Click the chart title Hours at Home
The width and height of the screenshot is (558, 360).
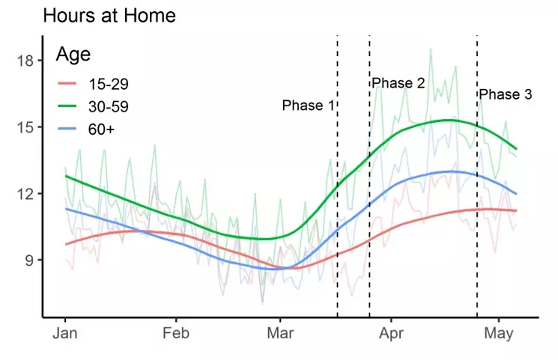(109, 16)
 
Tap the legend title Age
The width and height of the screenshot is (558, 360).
(73, 55)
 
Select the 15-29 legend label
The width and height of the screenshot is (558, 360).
(108, 84)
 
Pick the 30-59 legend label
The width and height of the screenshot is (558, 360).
(108, 106)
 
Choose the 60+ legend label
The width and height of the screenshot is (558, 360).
(101, 129)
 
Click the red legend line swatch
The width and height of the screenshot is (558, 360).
(67, 84)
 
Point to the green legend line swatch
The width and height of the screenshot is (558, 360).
(67, 106)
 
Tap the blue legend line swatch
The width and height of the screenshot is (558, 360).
(67, 129)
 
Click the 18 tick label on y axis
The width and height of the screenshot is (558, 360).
(25, 61)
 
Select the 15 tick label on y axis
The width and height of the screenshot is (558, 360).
(25, 127)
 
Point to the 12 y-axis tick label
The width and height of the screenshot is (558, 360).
(25, 194)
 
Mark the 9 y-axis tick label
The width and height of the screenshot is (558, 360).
(29, 260)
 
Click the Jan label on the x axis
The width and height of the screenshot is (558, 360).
(64, 334)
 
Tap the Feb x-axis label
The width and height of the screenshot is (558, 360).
(176, 334)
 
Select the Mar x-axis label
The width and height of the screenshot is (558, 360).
(280, 334)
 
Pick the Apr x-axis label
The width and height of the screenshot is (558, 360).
(391, 334)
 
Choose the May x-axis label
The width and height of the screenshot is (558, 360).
(499, 334)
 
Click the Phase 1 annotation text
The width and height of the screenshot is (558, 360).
(308, 106)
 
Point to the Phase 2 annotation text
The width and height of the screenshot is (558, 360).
(398, 83)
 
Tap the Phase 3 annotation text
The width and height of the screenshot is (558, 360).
(506, 94)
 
